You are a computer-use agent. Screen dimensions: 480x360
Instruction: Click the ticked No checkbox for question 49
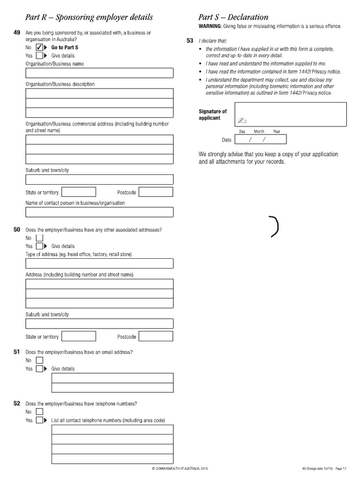click(x=39, y=48)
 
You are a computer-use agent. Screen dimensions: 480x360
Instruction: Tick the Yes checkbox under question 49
click(x=39, y=56)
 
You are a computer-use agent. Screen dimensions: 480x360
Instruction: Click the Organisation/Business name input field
click(x=99, y=73)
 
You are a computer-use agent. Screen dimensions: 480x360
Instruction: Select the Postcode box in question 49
click(x=156, y=192)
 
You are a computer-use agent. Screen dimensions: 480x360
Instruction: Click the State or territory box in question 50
click(x=79, y=336)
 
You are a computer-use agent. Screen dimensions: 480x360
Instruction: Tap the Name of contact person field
click(x=99, y=212)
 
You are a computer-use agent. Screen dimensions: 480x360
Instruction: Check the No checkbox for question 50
click(x=39, y=238)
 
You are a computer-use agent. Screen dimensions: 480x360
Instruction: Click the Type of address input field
click(x=99, y=263)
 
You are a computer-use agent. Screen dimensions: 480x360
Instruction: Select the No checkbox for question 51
click(x=39, y=360)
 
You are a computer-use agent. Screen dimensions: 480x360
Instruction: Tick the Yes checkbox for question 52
click(x=39, y=420)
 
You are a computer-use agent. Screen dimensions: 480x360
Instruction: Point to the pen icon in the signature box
click(x=242, y=120)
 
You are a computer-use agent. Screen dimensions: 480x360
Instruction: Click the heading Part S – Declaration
click(x=233, y=17)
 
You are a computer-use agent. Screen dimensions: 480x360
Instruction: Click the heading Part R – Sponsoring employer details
click(x=89, y=17)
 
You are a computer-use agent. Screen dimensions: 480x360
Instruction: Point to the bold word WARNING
click(x=210, y=26)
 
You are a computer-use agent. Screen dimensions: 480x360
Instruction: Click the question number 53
click(x=190, y=41)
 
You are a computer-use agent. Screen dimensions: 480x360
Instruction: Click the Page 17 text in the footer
click(x=340, y=468)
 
